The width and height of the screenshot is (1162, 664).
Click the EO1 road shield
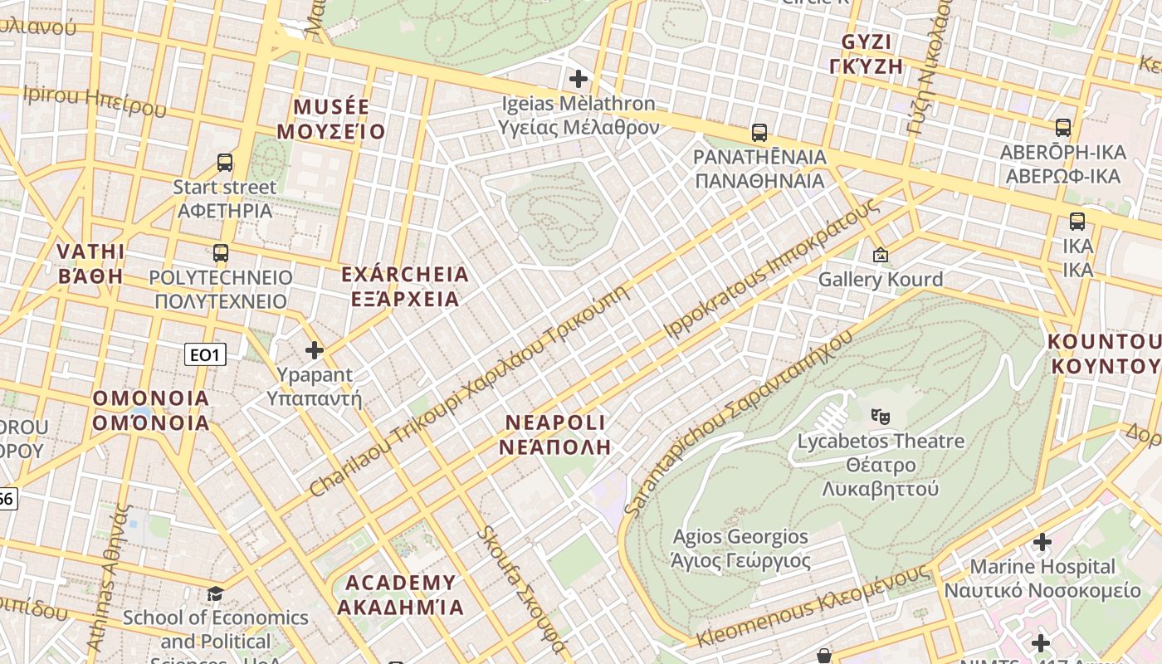click(204, 355)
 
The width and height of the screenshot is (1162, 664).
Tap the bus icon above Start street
click(224, 163)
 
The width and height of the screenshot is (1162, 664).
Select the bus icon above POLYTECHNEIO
click(221, 253)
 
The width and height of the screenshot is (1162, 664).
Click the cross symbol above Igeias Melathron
click(579, 79)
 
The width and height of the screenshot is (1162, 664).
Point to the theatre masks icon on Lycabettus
click(880, 415)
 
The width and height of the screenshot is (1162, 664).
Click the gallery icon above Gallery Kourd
click(880, 255)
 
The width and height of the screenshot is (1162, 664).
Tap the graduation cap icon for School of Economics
click(215, 593)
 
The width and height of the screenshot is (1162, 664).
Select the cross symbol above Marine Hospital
click(1042, 543)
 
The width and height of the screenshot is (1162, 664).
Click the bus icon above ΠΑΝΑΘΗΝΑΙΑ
click(759, 132)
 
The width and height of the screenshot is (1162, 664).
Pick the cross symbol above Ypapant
click(314, 349)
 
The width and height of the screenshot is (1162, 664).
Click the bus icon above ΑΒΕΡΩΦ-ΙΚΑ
click(1062, 128)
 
